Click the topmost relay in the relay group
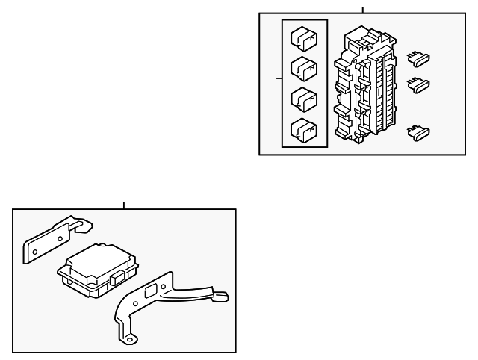pyautogui.click(x=302, y=37)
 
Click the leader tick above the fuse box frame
pyautogui.click(x=363, y=10)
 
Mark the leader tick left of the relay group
pyautogui.click(x=279, y=78)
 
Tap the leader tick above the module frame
pyautogui.click(x=124, y=205)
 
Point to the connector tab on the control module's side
pyautogui.click(x=118, y=279)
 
